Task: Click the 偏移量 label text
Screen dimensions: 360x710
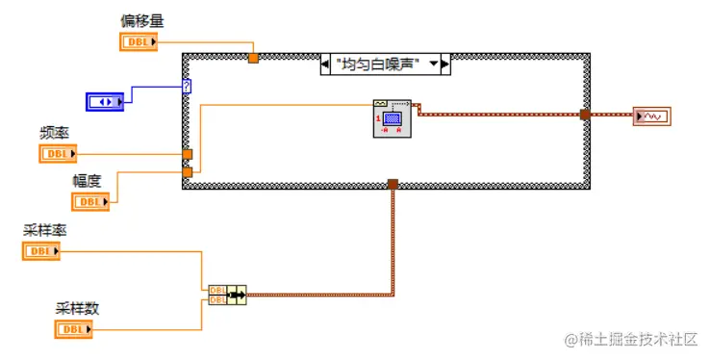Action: pyautogui.click(x=140, y=20)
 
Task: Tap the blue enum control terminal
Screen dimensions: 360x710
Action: pyautogui.click(x=107, y=100)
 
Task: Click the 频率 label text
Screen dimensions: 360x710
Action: pyautogui.click(x=54, y=134)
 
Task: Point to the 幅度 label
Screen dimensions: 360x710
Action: pyautogui.click(x=87, y=180)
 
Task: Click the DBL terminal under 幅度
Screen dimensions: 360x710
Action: pyautogui.click(x=90, y=201)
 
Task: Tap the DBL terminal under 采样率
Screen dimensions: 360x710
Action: pyautogui.click(x=40, y=251)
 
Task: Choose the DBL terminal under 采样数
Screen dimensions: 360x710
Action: pyautogui.click(x=73, y=329)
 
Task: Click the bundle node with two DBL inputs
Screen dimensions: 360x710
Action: pyautogui.click(x=227, y=294)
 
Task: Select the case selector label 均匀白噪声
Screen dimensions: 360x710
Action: pyautogui.click(x=379, y=64)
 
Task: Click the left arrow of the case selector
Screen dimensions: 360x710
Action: pyautogui.click(x=325, y=64)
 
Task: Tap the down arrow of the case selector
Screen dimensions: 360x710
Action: pyautogui.click(x=434, y=64)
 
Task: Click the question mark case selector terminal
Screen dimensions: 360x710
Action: pyautogui.click(x=187, y=86)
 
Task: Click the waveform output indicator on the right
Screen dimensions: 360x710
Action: pyautogui.click(x=651, y=116)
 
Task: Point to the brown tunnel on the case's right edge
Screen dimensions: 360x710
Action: pyautogui.click(x=585, y=115)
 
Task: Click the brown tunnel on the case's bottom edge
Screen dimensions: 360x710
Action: pyautogui.click(x=393, y=184)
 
